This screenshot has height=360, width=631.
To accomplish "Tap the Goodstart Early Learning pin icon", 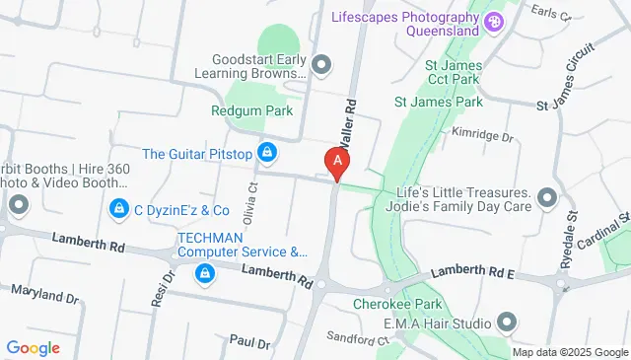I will point(320,66).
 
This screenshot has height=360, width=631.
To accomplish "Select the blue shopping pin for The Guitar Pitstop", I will point(265,153).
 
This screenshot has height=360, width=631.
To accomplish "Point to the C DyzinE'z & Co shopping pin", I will point(118,209).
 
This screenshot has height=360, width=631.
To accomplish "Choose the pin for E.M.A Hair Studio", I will point(508,322).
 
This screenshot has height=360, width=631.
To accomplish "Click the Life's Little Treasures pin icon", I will point(546,200).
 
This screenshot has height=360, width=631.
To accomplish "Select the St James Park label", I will point(438,102).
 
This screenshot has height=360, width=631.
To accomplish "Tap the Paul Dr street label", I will point(249,341).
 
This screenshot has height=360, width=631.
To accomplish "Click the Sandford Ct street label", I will point(357,339).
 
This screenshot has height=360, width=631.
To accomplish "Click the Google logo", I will point(34,347).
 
